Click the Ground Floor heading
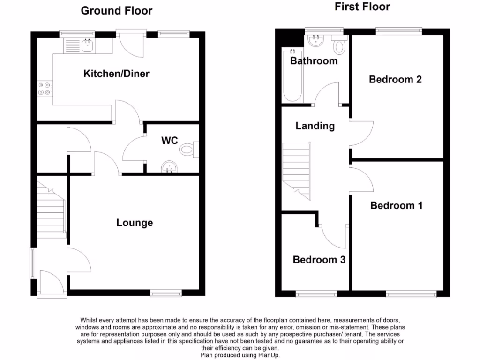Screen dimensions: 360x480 click(117, 11)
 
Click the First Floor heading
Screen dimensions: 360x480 click(362, 7)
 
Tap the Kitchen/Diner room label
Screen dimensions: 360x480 click(117, 74)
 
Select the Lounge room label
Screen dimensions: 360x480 click(135, 223)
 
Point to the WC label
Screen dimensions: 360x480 click(169, 140)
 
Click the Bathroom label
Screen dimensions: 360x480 click(314, 61)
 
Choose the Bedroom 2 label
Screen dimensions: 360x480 click(395, 79)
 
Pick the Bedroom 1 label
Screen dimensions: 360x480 click(396, 205)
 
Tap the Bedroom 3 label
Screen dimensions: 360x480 click(319, 260)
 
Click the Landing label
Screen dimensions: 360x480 click(315, 126)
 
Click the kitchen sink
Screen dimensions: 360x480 click(87, 45)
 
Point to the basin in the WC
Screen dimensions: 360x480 click(168, 167)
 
